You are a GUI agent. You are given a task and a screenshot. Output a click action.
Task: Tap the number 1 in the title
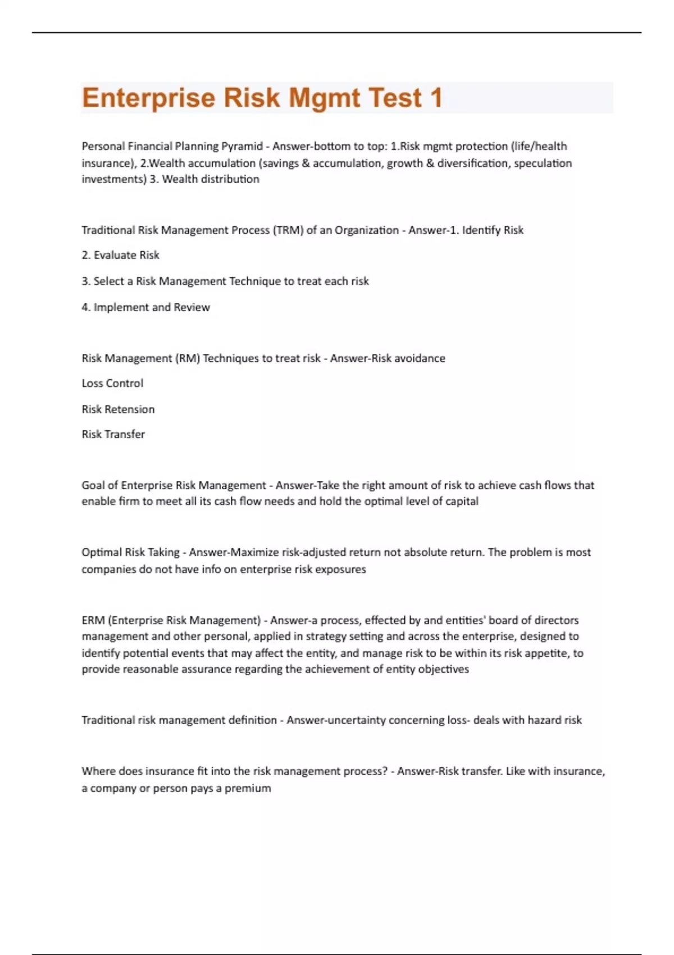coord(436,98)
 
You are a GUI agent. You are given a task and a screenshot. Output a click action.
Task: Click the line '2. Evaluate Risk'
coord(120,256)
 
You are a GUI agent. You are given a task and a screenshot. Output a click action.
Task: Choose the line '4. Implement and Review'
coord(145,307)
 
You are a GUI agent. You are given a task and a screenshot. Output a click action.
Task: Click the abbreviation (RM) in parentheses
coord(188,358)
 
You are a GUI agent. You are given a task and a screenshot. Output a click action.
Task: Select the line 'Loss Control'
coord(112,384)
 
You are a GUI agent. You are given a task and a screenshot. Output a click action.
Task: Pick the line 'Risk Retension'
coord(118,410)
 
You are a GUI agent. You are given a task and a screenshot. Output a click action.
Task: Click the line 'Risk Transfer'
coord(113,435)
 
